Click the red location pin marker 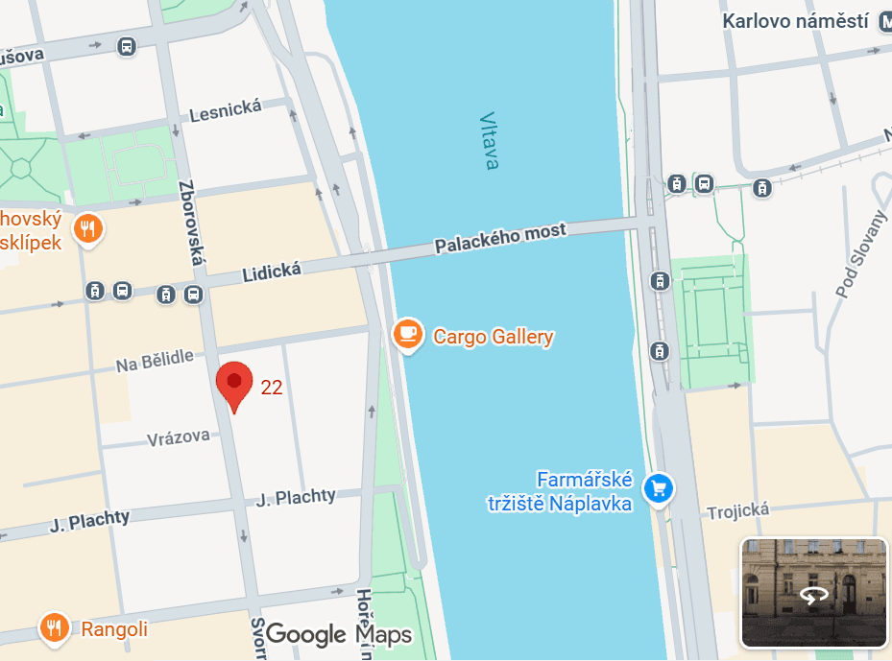tap(234, 384)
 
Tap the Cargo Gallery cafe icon tap(409, 334)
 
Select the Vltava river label tap(490, 141)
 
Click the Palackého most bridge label tap(500, 238)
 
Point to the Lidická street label tap(272, 272)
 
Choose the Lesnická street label tap(226, 111)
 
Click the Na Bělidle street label tap(155, 362)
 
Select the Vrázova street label tap(179, 437)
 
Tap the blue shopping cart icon tap(659, 488)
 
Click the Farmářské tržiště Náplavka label tap(585, 490)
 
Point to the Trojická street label tap(738, 511)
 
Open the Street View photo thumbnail tap(813, 592)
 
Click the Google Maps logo tap(339, 634)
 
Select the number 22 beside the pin tap(272, 388)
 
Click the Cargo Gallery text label tap(494, 337)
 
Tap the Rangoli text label tap(114, 629)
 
